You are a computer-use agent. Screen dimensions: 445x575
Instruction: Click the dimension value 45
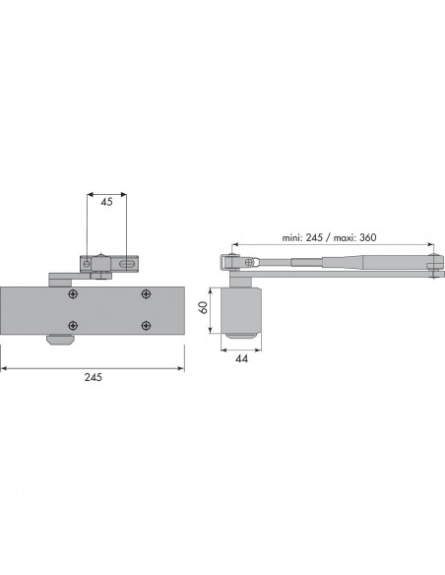click(x=106, y=202)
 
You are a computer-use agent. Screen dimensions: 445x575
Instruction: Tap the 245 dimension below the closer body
click(x=94, y=377)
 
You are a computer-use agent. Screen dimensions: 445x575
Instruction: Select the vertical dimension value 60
click(x=203, y=307)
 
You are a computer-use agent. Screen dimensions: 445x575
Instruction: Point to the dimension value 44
click(x=241, y=358)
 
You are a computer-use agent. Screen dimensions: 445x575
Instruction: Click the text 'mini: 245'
click(x=302, y=237)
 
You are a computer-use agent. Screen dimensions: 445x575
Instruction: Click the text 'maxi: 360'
click(x=354, y=237)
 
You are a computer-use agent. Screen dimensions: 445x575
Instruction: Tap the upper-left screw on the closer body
click(x=73, y=293)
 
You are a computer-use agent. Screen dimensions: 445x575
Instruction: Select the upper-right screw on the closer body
click(x=146, y=293)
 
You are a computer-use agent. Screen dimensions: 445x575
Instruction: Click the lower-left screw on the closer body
click(x=73, y=325)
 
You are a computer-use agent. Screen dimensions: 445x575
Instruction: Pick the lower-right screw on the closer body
click(x=146, y=325)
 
